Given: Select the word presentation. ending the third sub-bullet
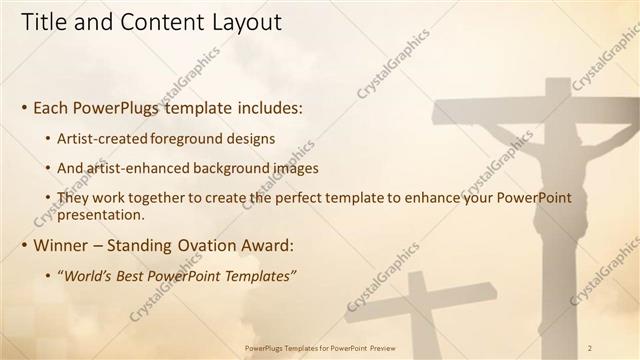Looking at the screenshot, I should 102,214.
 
